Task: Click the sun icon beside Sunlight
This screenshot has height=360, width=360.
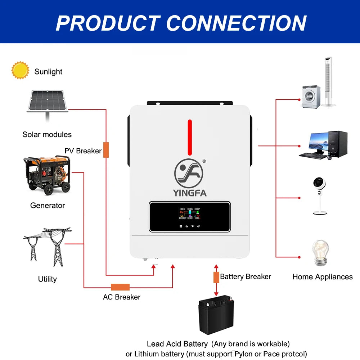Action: coord(20,70)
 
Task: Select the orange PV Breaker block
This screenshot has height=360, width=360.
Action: coord(106,150)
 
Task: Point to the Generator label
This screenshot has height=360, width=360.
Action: coord(48,206)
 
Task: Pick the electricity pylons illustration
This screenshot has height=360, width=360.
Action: coord(48,247)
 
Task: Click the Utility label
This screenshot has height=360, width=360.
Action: coord(48,279)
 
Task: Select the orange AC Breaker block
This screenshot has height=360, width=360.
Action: coord(120,287)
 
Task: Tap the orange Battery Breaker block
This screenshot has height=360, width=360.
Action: coord(216,277)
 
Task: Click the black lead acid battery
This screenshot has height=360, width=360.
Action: coord(216,315)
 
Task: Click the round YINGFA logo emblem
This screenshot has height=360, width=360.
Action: coord(189,173)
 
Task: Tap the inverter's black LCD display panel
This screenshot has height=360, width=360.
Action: coord(189,216)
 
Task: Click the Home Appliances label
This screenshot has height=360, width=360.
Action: coord(322,277)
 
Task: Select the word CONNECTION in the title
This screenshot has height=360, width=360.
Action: coord(237,23)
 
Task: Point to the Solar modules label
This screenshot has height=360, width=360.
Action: coord(47,135)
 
